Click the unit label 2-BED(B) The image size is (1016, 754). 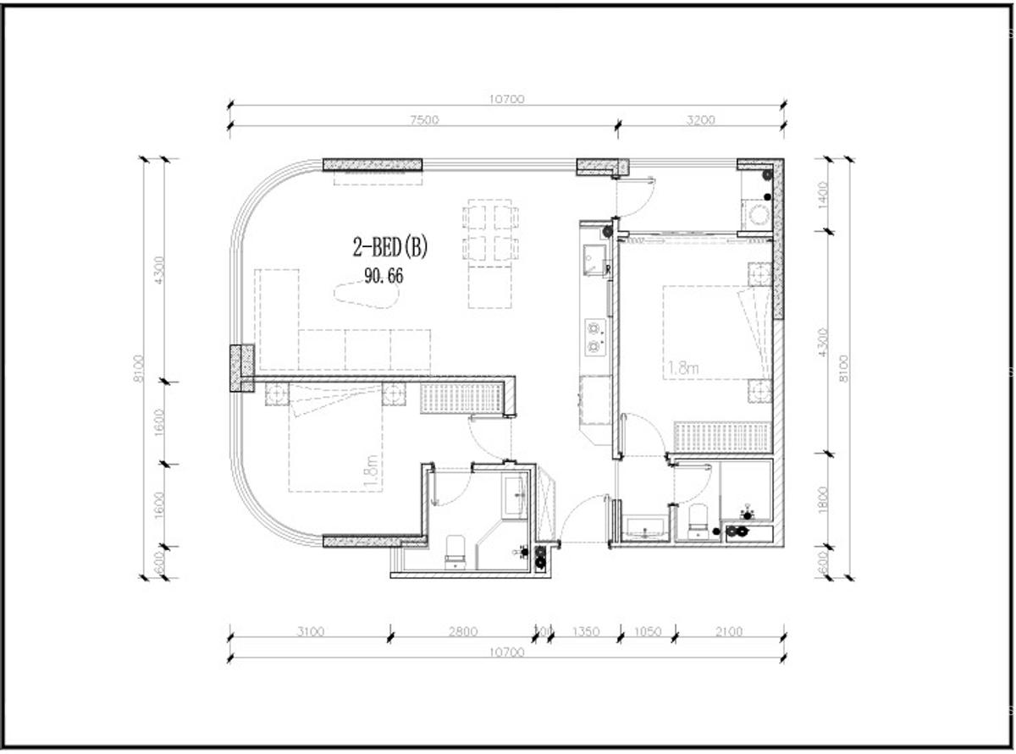(391, 247)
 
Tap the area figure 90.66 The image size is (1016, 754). (384, 276)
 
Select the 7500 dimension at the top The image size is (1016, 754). (424, 120)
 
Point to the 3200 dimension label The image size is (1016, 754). (700, 120)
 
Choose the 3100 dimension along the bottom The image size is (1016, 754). (310, 631)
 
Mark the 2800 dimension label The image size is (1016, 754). (463, 631)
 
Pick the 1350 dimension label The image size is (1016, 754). (586, 631)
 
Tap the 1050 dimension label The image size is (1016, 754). (648, 631)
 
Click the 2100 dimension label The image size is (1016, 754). (729, 631)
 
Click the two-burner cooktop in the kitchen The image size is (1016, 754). (595, 335)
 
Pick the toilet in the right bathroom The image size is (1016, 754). (698, 521)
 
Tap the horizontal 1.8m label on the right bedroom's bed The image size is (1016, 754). (683, 368)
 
